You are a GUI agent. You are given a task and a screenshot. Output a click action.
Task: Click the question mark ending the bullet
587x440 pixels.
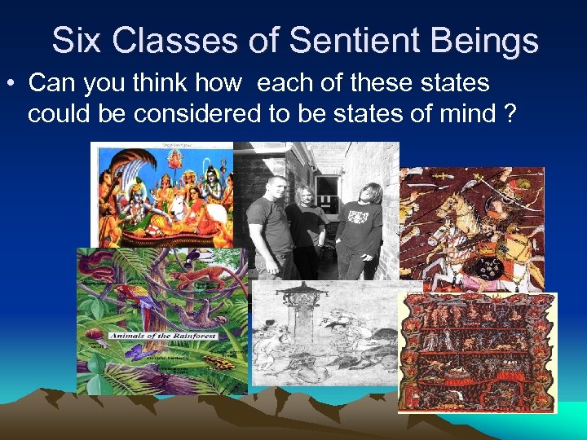pos(510,113)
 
